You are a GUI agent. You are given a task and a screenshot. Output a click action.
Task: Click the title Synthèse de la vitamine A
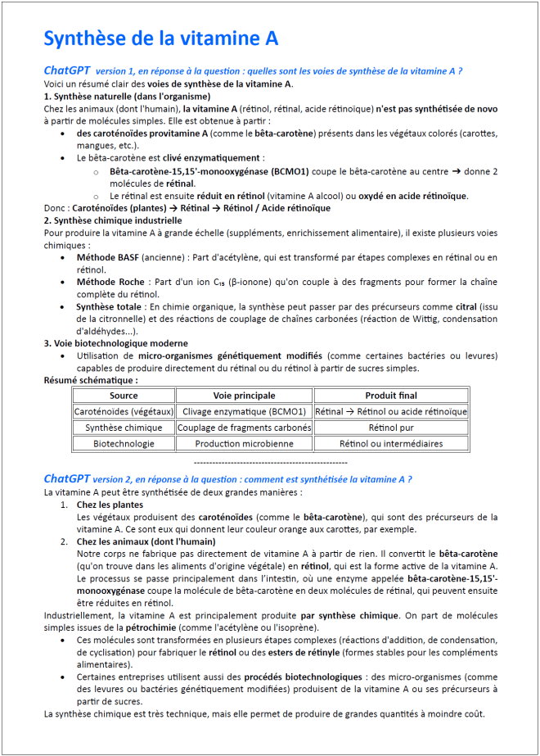(x=160, y=38)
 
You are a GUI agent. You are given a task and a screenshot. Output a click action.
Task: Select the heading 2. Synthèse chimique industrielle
(x=113, y=220)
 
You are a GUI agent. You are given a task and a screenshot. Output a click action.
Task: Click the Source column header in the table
(x=124, y=396)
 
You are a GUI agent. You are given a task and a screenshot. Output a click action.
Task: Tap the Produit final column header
(x=390, y=396)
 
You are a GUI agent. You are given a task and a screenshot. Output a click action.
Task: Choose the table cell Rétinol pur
(x=390, y=428)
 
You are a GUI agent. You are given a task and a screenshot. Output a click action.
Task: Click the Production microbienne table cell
(x=244, y=443)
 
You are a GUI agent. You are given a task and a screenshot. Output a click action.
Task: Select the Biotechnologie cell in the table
(x=124, y=443)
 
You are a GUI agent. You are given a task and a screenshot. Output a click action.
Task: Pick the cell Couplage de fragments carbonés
(x=244, y=428)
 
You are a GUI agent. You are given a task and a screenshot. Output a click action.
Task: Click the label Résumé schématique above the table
(x=91, y=380)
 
